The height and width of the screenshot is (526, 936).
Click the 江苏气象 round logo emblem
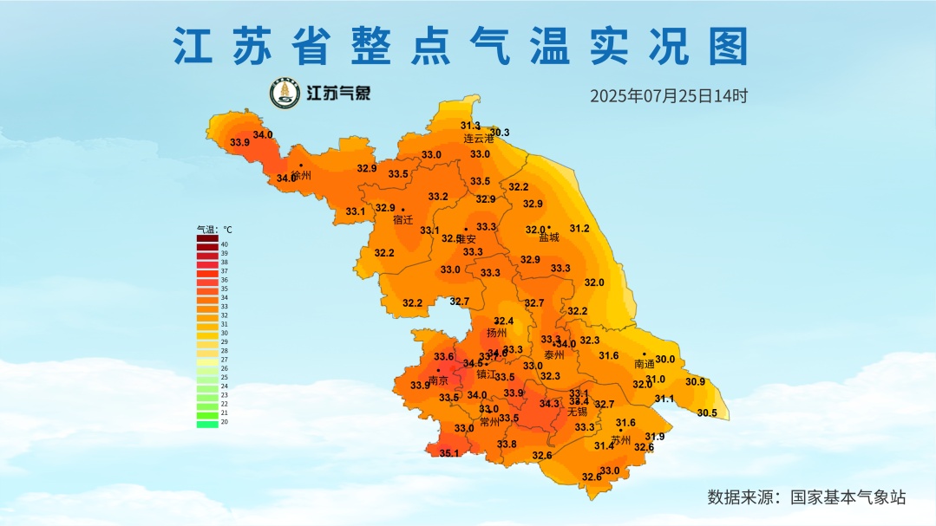point(285,94)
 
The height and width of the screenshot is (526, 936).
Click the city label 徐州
point(301,176)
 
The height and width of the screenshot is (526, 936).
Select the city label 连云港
point(478,139)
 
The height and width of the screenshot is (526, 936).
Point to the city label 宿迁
point(403,220)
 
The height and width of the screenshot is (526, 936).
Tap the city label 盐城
point(549,237)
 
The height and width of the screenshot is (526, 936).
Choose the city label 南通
point(645,364)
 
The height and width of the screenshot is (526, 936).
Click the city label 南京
point(438,381)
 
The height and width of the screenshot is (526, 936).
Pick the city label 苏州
point(620,440)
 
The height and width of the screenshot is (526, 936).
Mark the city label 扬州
point(496,333)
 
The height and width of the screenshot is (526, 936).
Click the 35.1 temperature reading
point(449,453)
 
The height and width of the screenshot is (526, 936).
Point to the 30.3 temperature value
point(501,133)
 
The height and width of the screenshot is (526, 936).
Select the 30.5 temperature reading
point(707,413)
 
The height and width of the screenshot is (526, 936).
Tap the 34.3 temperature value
point(549,404)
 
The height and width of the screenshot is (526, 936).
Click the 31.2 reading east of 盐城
point(579,229)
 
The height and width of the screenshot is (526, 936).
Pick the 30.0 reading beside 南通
point(665,360)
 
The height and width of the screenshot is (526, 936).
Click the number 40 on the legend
point(224,244)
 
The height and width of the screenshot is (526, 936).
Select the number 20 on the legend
point(224,422)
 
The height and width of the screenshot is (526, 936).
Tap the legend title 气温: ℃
point(214,230)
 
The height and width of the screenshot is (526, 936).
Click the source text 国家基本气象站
point(848,497)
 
